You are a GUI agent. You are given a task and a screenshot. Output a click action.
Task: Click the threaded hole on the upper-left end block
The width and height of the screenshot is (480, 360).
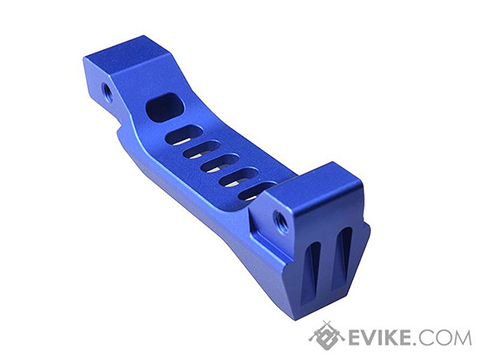click(x=107, y=90)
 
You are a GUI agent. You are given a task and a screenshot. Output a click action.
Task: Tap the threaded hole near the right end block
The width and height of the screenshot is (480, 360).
click(x=279, y=220)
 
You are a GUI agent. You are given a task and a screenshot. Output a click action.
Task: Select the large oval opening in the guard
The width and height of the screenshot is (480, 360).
click(x=165, y=107)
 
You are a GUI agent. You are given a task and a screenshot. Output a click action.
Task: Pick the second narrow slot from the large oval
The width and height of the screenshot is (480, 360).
click(x=202, y=150)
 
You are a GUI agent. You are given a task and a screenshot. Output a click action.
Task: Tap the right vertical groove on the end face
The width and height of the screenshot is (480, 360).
click(x=343, y=255)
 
